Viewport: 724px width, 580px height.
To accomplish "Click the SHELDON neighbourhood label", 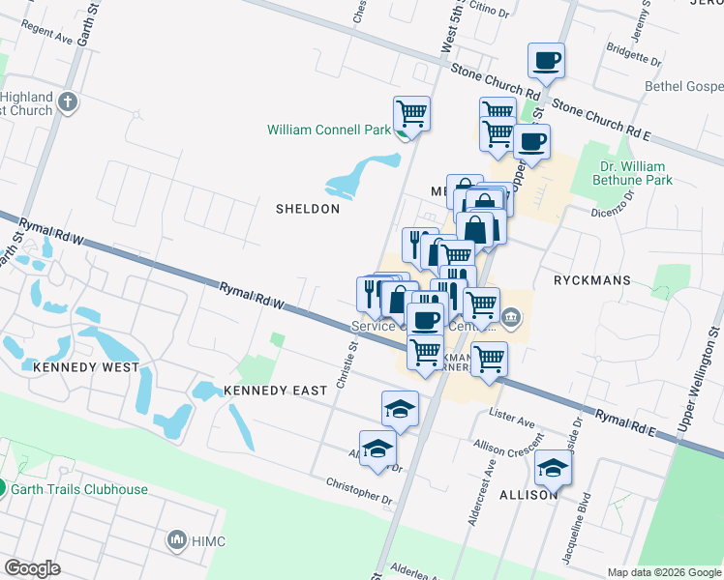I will pos(308,209).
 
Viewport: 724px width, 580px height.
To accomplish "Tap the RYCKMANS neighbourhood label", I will pos(591,280).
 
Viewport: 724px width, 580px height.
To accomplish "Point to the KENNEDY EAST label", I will pos(271,391).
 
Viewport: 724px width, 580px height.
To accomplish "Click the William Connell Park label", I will pos(329,130).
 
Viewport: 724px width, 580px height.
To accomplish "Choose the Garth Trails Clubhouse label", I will pos(79,489).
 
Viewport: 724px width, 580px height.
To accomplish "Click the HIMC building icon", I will pos(177,538).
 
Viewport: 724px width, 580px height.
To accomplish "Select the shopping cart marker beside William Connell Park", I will pos(412,114).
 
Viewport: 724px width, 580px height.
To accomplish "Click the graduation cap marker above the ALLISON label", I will pos(553,468).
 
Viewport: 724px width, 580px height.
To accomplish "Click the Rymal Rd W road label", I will pos(251,296).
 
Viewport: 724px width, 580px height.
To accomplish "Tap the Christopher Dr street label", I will pos(359,491).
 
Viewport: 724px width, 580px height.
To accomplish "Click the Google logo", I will pos(32,568).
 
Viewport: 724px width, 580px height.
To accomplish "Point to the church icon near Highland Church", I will pos(68,101).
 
